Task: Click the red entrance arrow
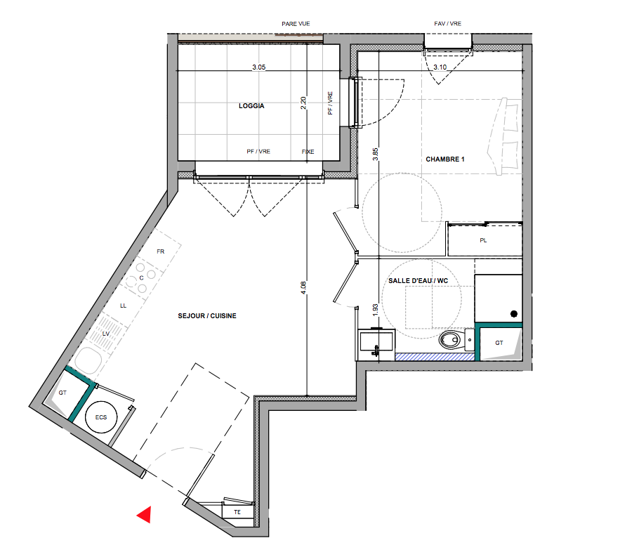click(145, 514)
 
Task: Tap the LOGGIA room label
click(251, 105)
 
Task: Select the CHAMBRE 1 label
click(445, 159)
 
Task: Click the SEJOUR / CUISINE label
click(207, 315)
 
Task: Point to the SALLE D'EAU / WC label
click(418, 280)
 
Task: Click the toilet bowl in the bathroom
click(450, 339)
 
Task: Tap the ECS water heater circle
click(101, 417)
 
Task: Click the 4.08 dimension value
click(303, 287)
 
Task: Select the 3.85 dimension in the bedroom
click(375, 154)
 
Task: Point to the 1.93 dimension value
click(375, 309)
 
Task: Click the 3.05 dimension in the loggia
click(259, 67)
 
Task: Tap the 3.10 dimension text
click(440, 67)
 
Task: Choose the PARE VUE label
click(296, 24)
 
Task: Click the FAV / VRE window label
click(447, 24)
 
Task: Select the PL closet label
click(483, 240)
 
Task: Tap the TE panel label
click(237, 512)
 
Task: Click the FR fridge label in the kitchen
click(161, 251)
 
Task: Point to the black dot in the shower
click(514, 314)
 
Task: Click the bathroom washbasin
click(376, 343)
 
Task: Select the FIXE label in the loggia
click(308, 152)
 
